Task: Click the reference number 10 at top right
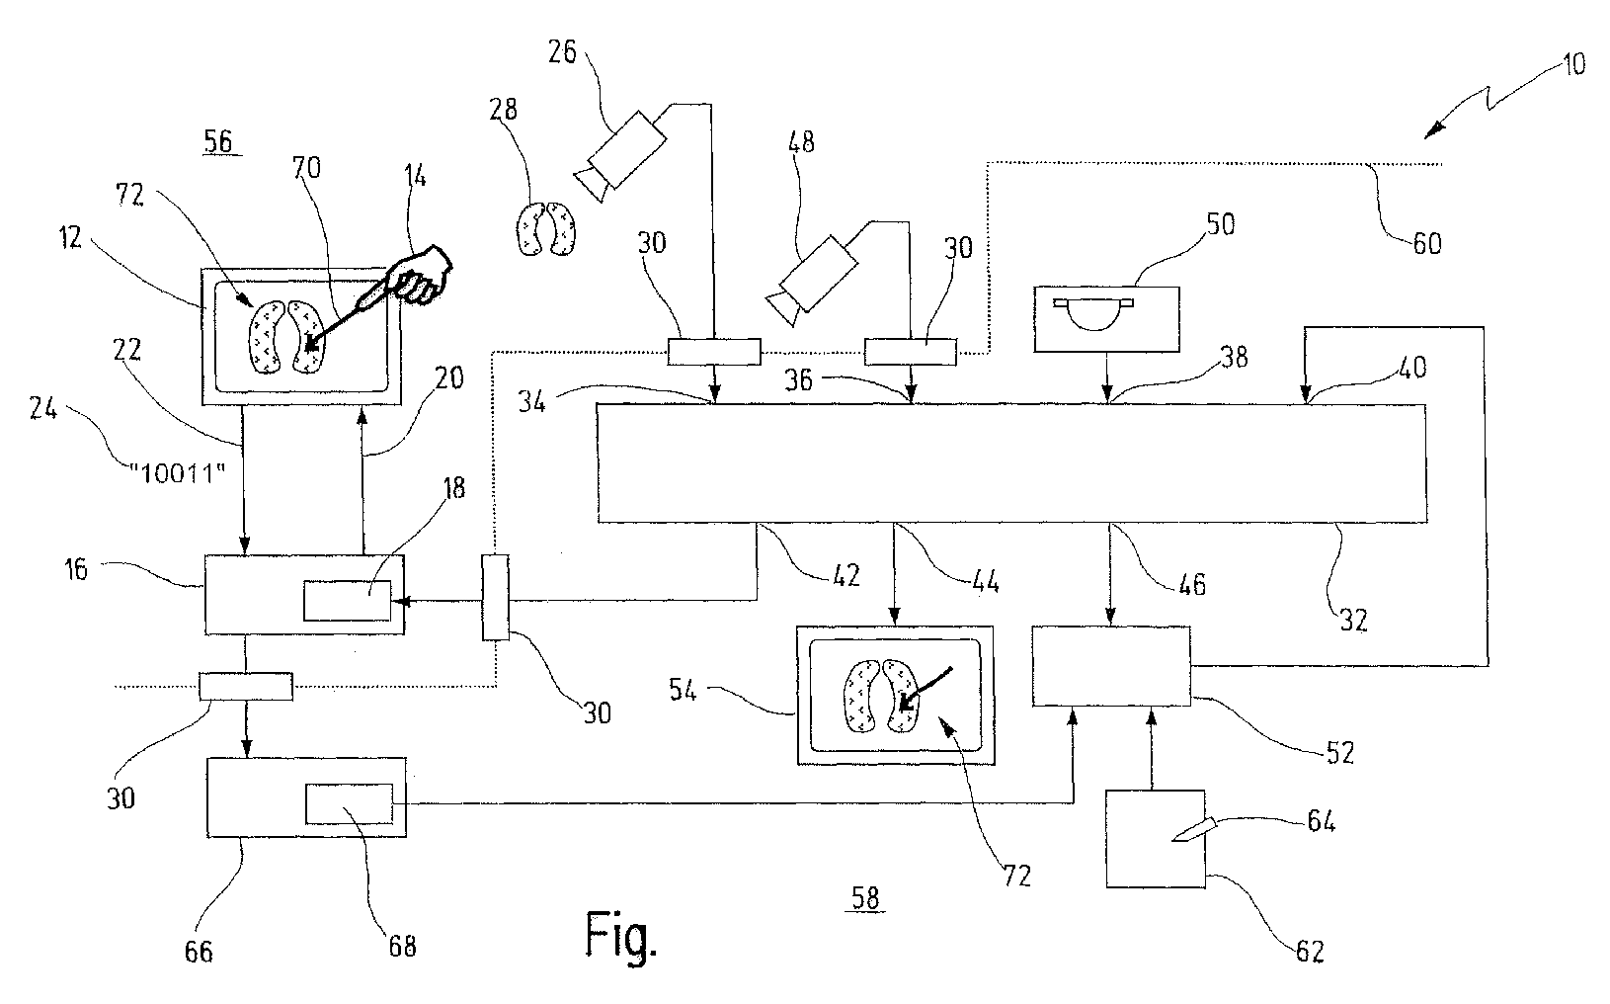click(x=1574, y=64)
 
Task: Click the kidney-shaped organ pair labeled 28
click(x=546, y=228)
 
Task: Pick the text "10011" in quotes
click(x=177, y=474)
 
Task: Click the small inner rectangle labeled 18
click(x=347, y=601)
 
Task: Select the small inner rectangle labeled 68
click(x=350, y=803)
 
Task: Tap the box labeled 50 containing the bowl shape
click(x=1107, y=319)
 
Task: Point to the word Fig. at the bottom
click(x=621, y=935)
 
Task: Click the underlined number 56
click(x=218, y=141)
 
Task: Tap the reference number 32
click(x=1353, y=620)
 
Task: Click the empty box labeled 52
click(x=1111, y=666)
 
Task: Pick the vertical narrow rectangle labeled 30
click(x=495, y=597)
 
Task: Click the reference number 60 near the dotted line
click(x=1426, y=244)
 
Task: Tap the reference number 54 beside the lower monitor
click(x=683, y=690)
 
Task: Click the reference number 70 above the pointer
click(x=306, y=168)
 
